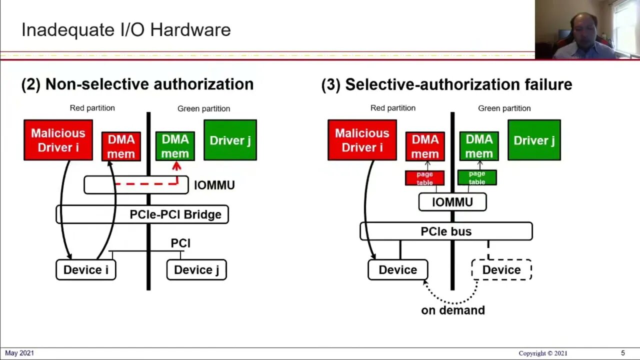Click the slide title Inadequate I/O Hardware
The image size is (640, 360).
[x=125, y=30]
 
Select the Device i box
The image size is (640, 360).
[x=85, y=270]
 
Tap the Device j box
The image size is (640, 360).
[x=196, y=270]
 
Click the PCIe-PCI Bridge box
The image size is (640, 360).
[x=142, y=214]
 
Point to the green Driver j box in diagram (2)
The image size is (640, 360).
[x=230, y=140]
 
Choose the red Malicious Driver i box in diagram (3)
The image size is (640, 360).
[x=362, y=140]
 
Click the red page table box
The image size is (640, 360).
[x=424, y=178]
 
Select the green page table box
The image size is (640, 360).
[x=477, y=177]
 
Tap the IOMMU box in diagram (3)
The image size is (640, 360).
[x=452, y=202]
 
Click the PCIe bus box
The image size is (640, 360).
[x=446, y=231]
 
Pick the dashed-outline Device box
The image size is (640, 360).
[x=501, y=270]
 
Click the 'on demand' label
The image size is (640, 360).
[x=453, y=310]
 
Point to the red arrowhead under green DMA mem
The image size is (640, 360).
[x=176, y=166]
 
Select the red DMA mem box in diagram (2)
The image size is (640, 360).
[x=121, y=146]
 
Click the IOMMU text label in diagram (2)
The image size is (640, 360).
[x=214, y=185]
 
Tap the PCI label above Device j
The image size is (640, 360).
[x=180, y=243]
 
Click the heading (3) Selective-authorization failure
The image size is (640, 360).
[x=446, y=84]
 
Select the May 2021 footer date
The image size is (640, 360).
[x=19, y=353]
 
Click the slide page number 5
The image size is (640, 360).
[x=622, y=353]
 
